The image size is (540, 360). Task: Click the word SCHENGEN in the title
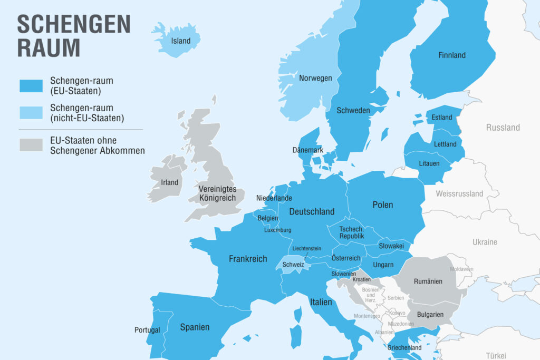click(74, 24)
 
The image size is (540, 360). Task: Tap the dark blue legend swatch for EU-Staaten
click(31, 86)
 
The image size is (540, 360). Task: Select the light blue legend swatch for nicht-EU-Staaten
click(31, 113)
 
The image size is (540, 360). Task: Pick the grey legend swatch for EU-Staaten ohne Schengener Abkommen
click(31, 145)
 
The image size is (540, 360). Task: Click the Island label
click(180, 41)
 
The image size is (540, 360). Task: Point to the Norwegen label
click(315, 78)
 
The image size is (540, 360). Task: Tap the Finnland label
click(452, 55)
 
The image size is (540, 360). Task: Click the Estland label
click(442, 117)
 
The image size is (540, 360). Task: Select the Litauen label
click(429, 163)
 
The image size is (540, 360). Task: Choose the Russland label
click(503, 128)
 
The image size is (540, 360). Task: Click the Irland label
click(169, 182)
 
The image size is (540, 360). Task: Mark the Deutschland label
click(312, 211)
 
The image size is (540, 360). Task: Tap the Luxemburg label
click(277, 230)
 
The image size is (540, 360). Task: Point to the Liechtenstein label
click(306, 248)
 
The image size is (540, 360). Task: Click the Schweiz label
click(293, 265)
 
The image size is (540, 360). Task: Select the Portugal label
click(147, 330)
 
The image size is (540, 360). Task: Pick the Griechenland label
click(404, 348)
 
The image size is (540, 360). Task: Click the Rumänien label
click(428, 281)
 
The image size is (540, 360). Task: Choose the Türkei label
click(496, 355)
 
